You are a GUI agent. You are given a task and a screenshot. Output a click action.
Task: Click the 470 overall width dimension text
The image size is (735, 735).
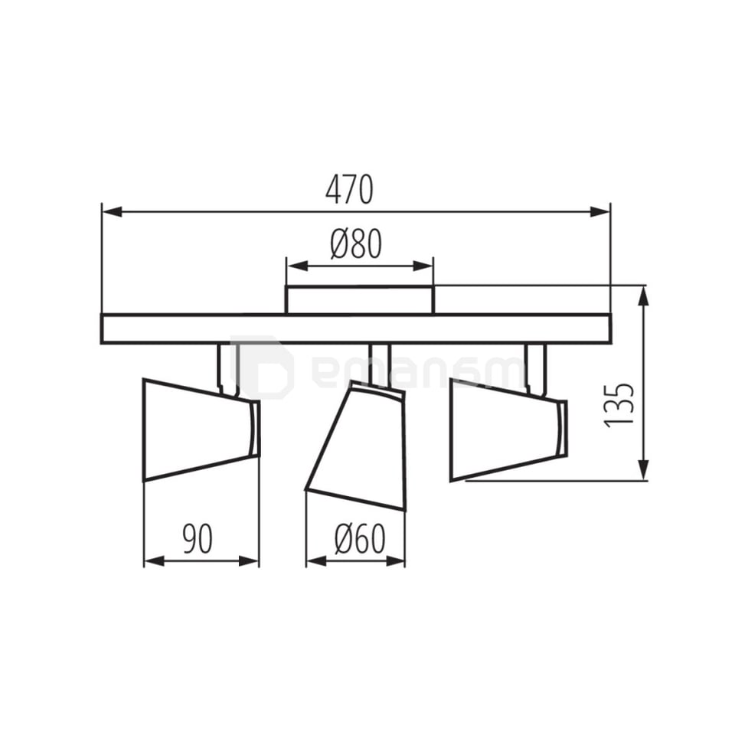350,190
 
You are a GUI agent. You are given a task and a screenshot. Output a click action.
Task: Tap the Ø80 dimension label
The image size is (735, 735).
356,245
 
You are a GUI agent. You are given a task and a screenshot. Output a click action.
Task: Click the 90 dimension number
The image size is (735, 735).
198,540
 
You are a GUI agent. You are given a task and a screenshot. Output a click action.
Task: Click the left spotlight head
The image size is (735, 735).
198,429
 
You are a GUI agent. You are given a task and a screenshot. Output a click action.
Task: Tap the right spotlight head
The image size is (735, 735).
505,429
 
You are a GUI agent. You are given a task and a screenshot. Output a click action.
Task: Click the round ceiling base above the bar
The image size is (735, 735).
359,299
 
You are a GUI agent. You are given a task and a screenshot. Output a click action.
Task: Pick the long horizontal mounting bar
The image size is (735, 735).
356,328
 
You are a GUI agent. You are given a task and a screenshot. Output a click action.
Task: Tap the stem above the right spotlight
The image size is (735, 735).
535,368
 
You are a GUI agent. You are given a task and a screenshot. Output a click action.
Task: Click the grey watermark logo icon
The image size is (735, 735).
262,367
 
